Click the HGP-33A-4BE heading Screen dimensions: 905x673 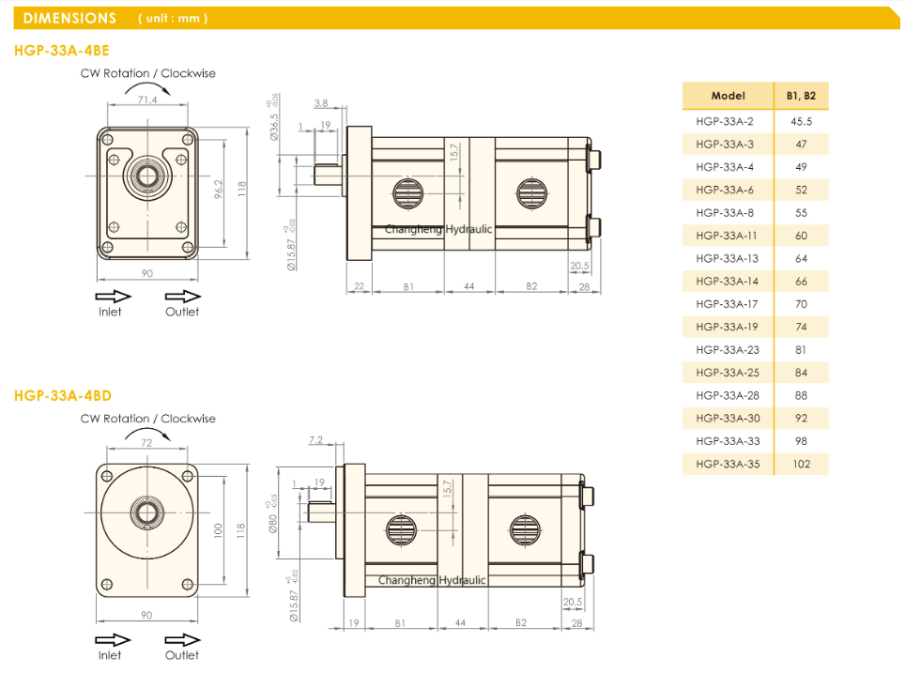[x=62, y=51]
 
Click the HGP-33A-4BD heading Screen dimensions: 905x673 [x=63, y=396]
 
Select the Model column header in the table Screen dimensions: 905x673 [x=728, y=96]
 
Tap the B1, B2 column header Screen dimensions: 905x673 [x=801, y=96]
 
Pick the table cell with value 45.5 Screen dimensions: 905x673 [x=801, y=122]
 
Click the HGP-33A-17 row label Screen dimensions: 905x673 [x=727, y=304]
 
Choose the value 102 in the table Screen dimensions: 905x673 [x=801, y=464]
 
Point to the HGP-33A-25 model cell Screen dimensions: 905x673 [x=728, y=373]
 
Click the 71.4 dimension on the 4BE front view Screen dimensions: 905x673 [x=147, y=99]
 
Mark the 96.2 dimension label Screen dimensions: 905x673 [x=218, y=190]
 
